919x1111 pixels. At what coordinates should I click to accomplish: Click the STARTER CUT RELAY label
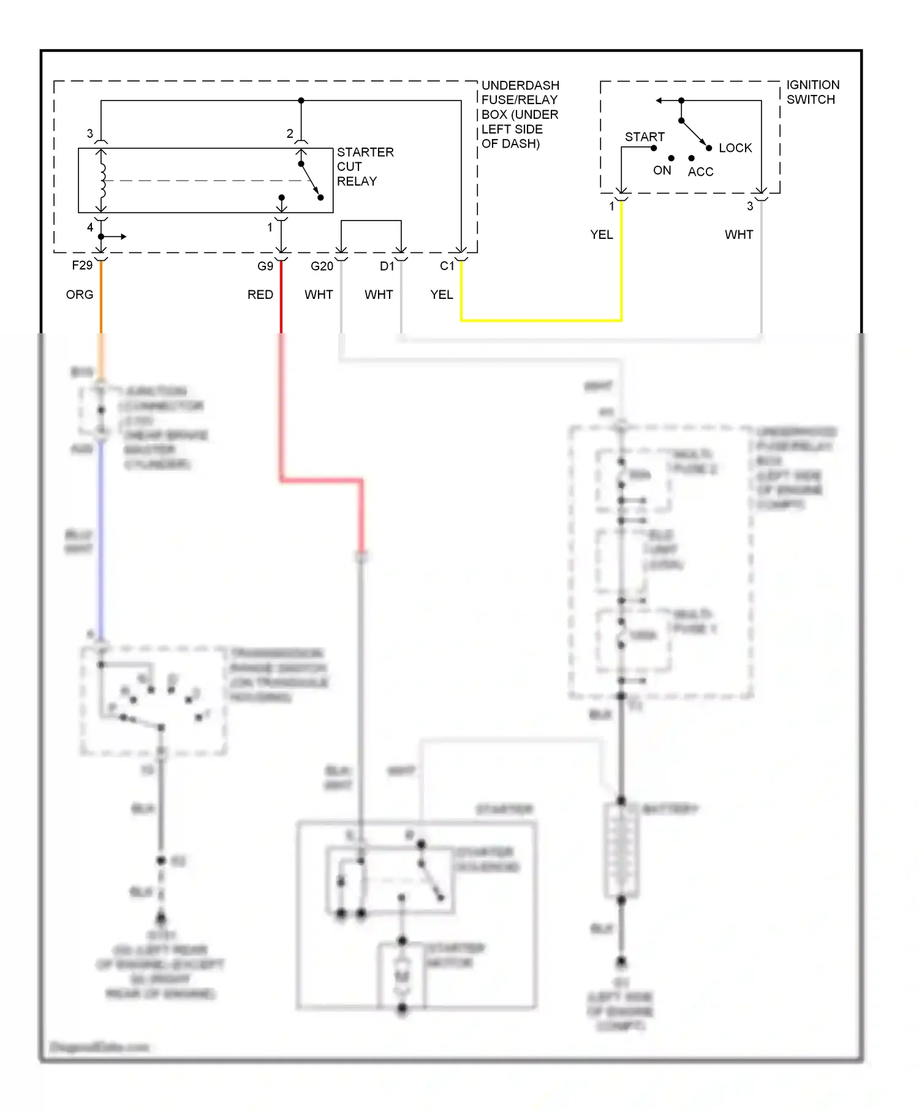pos(365,167)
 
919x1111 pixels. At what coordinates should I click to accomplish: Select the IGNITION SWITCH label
pos(812,92)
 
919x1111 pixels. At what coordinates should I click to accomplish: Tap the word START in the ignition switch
pos(645,137)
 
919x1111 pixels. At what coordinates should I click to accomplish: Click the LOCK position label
pos(735,148)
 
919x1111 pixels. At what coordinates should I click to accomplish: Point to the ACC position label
pos(700,172)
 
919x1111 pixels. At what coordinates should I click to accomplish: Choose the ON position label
pos(662,171)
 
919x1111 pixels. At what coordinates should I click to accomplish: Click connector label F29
pos(82,265)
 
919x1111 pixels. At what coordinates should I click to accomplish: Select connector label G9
pos(265,266)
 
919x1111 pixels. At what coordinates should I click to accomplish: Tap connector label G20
pos(322,266)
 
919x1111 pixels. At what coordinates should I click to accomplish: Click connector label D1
pos(387,266)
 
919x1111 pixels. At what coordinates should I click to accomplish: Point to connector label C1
pos(447,266)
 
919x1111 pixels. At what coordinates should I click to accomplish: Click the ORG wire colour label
pos(80,295)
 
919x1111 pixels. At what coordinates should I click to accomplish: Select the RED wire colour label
pos(260,295)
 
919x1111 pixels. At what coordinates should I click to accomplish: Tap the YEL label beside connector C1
pos(441,295)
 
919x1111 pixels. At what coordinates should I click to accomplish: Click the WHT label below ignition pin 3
pos(738,235)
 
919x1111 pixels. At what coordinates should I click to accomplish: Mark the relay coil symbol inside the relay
pos(102,181)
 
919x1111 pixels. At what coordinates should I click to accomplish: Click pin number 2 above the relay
pos(290,134)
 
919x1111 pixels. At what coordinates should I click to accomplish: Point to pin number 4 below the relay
pos(90,227)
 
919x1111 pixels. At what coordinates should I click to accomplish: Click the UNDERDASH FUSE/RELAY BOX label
pos(520,115)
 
